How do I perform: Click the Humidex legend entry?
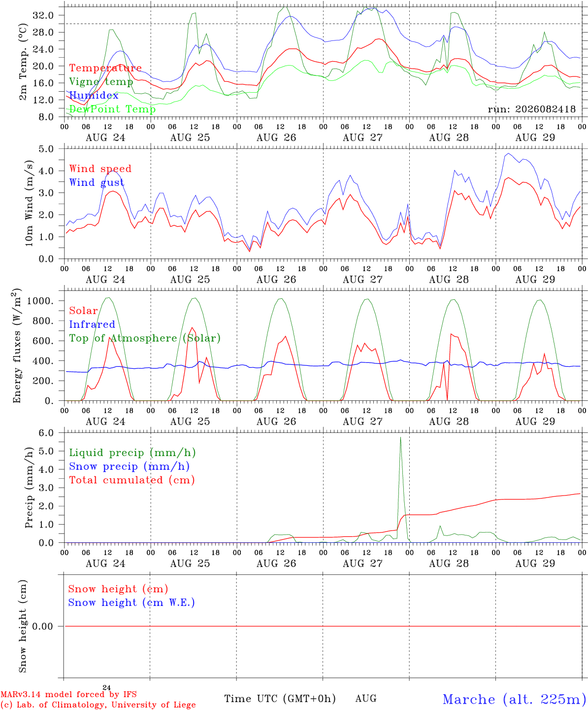pos(94,95)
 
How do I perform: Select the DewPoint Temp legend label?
pos(112,109)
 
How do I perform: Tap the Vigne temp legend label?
pos(101,82)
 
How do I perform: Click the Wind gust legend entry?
pos(97,182)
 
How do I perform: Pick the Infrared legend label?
pos(92,324)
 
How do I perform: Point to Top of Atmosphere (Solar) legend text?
pos(145,338)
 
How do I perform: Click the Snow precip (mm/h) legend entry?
pos(129,466)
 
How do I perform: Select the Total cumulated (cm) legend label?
pos(132,480)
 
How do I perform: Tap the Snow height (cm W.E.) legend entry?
pos(131,603)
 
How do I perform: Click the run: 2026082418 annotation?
pos(531,109)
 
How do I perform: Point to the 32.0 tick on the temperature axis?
pos(43,15)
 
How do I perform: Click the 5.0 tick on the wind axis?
pos(46,149)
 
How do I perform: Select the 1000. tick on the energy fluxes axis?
pos(40,301)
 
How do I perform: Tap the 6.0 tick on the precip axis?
pos(46,433)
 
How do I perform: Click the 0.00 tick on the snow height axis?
pos(42,626)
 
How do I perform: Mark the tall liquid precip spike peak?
pos(401,437)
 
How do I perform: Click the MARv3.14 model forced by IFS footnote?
pos(68,694)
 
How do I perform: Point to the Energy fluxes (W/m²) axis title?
pos(17,346)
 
